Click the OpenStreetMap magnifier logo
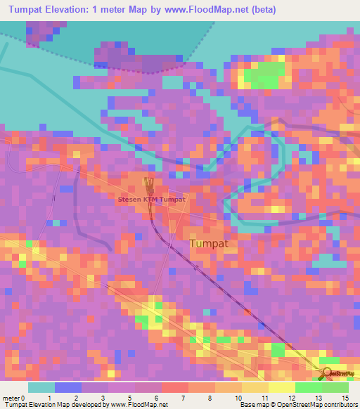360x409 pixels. pyautogui.click(x=328, y=373)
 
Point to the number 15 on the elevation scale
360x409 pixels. pyautogui.click(x=346, y=398)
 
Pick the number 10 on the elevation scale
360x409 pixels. pyautogui.click(x=238, y=398)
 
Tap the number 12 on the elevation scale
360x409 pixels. pyautogui.click(x=281, y=398)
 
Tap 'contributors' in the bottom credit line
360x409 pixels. pyautogui.click(x=339, y=405)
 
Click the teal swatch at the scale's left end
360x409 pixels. pyautogui.click(x=41, y=387)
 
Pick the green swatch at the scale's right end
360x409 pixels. pyautogui.click(x=335, y=387)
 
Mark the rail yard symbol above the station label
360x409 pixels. pyautogui.click(x=148, y=184)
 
